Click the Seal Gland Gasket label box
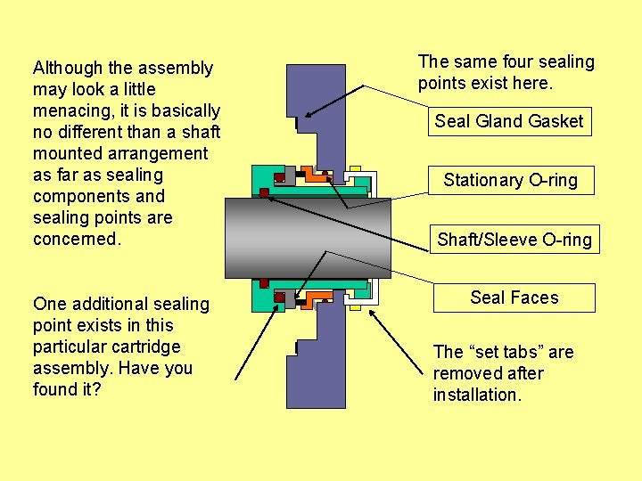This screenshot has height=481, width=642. [x=508, y=121]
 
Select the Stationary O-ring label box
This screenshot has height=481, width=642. [x=510, y=180]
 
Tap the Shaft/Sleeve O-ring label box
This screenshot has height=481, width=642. [x=514, y=239]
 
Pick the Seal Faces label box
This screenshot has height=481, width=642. [x=514, y=298]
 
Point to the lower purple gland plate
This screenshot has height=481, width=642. [x=317, y=365]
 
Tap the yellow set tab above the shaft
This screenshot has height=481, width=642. [x=355, y=168]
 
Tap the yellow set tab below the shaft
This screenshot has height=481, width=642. [x=355, y=307]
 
